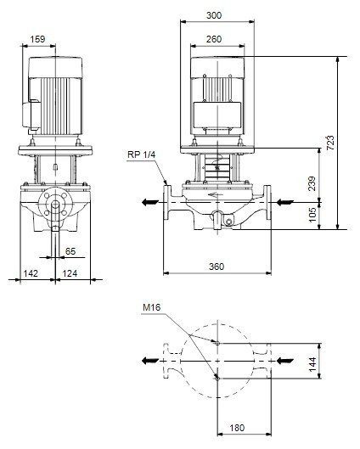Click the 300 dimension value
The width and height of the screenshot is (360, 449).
point(214,15)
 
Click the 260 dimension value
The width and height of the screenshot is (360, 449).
point(214,39)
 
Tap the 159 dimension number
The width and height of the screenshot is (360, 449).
point(38,39)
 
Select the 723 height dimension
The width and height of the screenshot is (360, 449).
point(330,143)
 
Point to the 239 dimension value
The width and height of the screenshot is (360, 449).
point(312,183)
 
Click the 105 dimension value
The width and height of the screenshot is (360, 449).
point(312,215)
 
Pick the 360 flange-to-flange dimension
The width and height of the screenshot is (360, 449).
point(217,267)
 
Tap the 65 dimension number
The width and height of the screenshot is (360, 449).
point(70,251)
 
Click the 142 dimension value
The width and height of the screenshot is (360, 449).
point(31,273)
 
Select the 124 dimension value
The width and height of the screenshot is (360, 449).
point(70,273)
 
